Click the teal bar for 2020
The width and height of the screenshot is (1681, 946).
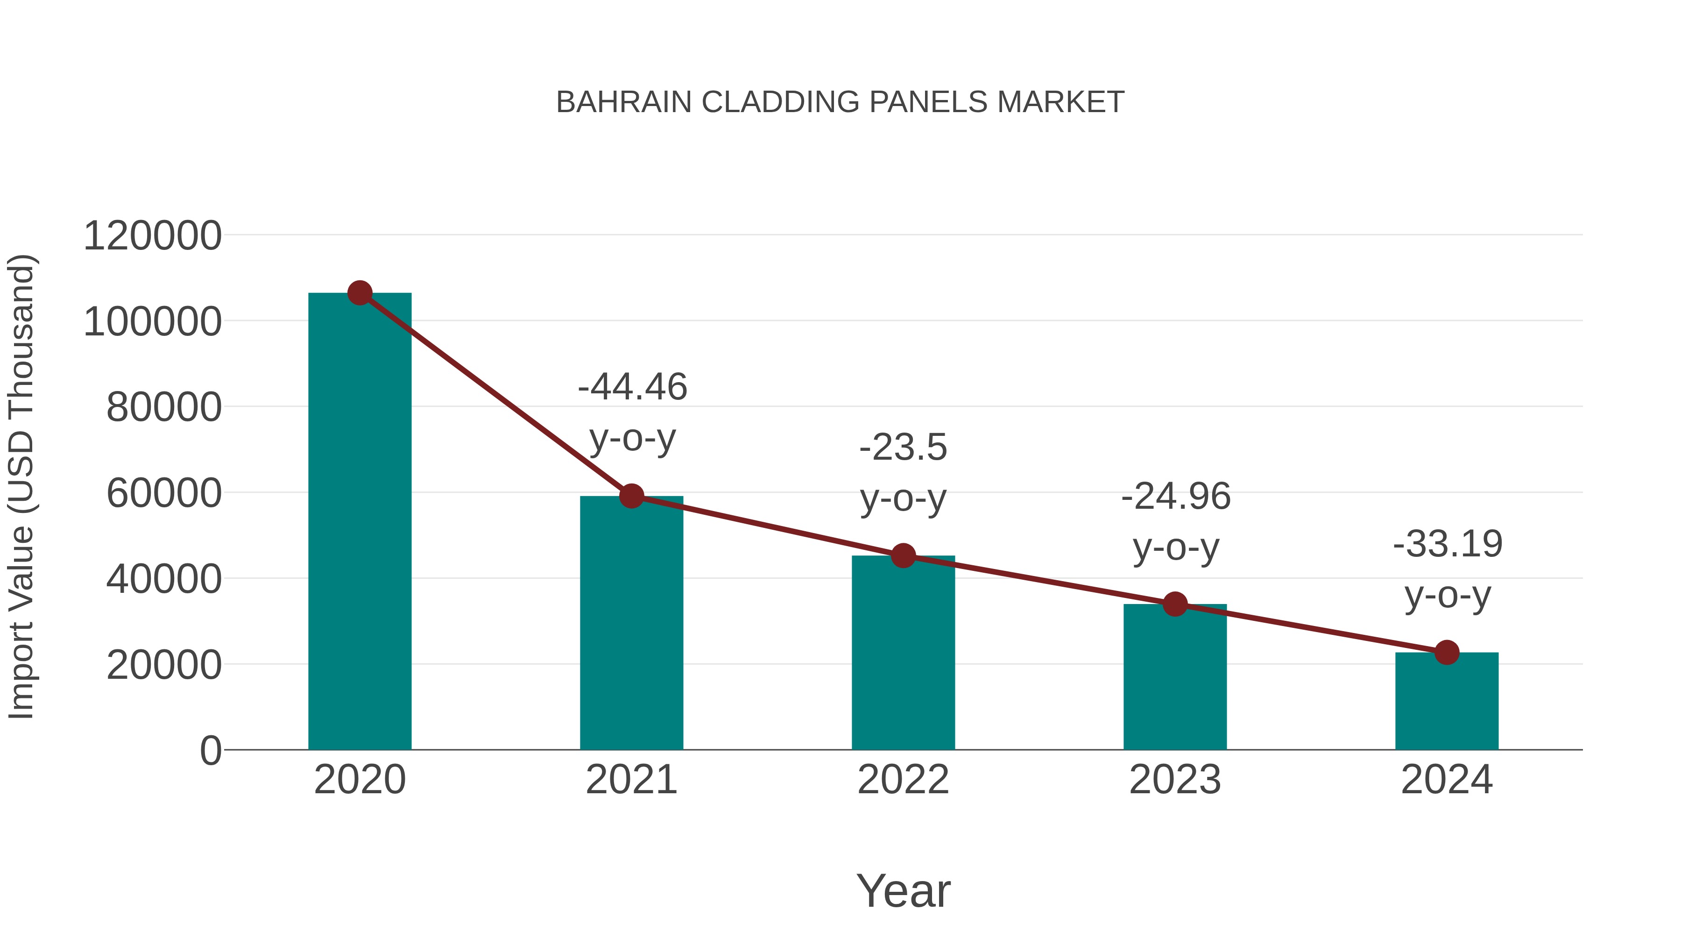point(360,522)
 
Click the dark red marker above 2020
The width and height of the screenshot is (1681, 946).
point(360,293)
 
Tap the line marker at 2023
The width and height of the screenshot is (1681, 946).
point(1175,605)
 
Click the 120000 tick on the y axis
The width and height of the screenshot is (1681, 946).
point(153,236)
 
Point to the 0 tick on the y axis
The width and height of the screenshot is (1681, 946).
point(211,750)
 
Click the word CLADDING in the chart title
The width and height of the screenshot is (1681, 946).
point(780,102)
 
